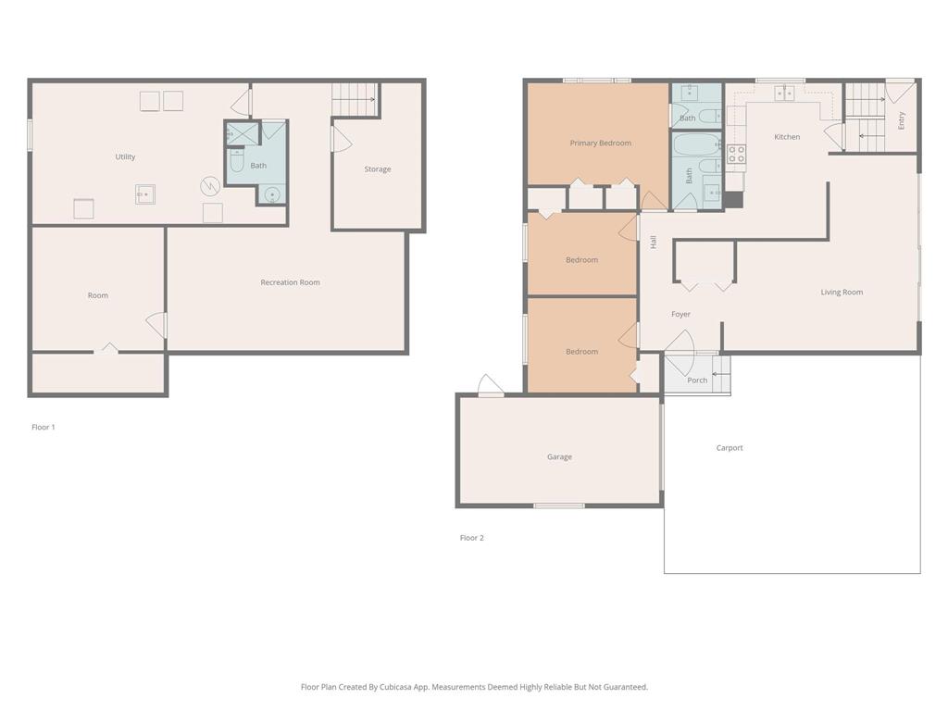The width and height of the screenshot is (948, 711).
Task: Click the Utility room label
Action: click(x=125, y=156)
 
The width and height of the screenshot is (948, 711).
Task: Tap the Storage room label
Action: click(x=378, y=169)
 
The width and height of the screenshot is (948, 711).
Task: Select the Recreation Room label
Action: click(x=290, y=282)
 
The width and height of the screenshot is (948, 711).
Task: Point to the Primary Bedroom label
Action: click(x=600, y=143)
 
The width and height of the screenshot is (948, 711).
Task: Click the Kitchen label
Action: click(x=787, y=137)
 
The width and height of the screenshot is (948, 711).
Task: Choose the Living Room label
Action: click(x=842, y=292)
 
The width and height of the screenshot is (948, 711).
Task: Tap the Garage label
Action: click(x=559, y=457)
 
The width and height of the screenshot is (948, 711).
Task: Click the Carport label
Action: click(x=730, y=448)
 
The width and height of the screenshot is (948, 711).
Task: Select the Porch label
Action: click(x=697, y=380)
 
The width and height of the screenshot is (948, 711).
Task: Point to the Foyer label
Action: click(x=680, y=315)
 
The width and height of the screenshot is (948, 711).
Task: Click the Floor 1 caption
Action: click(x=44, y=428)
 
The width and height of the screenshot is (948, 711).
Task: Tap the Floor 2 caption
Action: click(x=471, y=538)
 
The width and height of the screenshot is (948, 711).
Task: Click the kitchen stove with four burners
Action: click(x=736, y=155)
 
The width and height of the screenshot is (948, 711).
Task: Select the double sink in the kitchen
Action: click(x=784, y=93)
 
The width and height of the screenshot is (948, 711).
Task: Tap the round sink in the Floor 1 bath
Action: click(x=273, y=194)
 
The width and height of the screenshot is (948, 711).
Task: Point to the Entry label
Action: click(x=902, y=120)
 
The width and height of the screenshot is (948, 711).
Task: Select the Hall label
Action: click(x=654, y=242)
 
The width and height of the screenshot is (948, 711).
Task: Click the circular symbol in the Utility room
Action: click(x=210, y=186)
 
